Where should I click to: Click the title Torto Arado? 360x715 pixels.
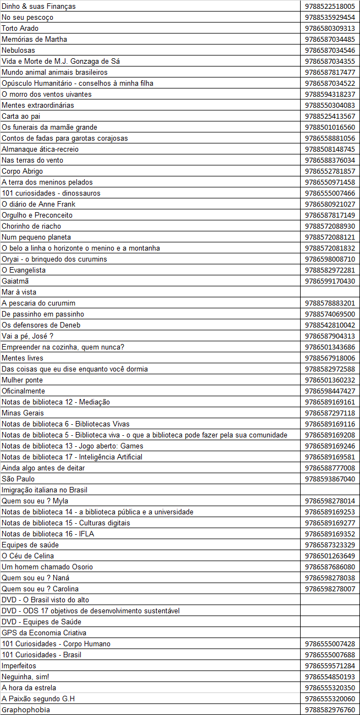pos(20,28)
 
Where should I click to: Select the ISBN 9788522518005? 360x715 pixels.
pos(330,6)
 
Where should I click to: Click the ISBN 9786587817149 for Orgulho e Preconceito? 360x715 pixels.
pos(330,215)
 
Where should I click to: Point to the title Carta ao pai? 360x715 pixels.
pos(21,116)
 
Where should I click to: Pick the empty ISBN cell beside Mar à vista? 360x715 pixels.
pos(330,292)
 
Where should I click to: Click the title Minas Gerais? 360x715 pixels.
pos(23,413)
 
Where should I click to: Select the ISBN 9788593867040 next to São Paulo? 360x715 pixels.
pos(330,479)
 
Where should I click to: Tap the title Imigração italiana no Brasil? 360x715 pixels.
pos(45,490)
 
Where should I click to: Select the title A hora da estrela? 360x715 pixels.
pos(29,688)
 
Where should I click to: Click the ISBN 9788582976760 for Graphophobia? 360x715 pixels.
pos(330,710)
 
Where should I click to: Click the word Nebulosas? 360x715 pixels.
pos(18,50)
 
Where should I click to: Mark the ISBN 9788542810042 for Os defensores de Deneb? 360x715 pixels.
pos(330,325)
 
